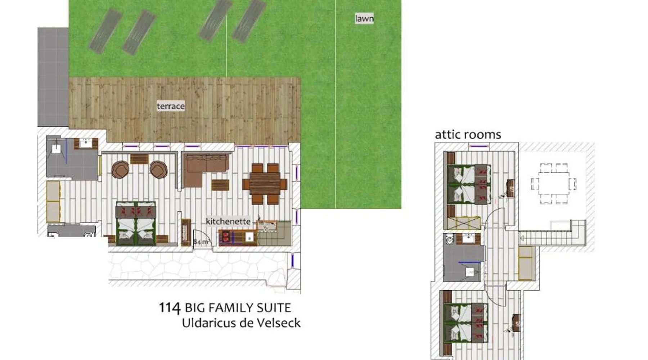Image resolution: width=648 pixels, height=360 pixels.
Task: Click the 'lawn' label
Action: tap(364, 18)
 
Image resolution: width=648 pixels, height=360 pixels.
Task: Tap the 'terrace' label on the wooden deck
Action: tap(171, 106)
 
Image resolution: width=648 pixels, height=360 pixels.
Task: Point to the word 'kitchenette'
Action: tap(228, 221)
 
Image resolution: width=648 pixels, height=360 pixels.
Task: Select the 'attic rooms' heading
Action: tap(468, 135)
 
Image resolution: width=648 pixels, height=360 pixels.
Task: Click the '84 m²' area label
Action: tap(202, 242)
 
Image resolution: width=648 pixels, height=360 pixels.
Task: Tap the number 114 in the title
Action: tap(170, 308)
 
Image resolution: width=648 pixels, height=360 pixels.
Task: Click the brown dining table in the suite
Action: tap(265, 184)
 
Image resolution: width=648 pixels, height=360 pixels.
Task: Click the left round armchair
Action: tap(120, 169)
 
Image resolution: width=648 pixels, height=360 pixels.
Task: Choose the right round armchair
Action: tap(158, 169)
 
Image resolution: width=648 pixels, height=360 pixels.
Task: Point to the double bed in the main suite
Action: tap(136, 223)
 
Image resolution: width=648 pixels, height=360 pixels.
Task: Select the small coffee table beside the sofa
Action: tap(220, 185)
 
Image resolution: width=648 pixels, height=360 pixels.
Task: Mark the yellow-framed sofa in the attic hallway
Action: tap(526, 263)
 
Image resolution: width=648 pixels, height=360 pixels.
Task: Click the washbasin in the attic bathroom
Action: tap(469, 238)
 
